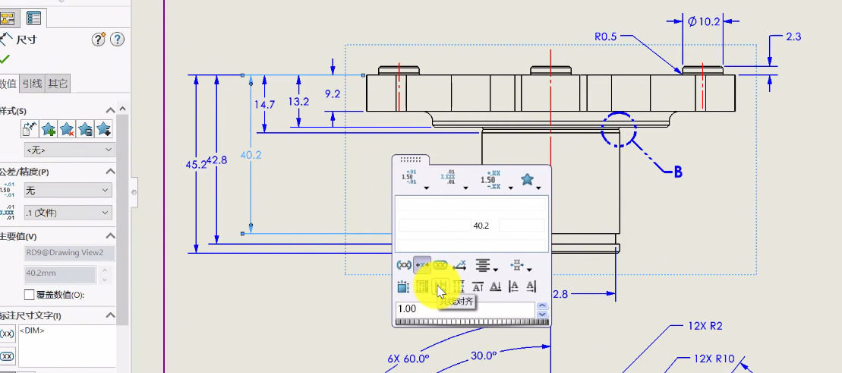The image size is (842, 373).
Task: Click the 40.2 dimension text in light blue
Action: tap(251, 155)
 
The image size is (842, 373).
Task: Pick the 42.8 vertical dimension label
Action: tap(217, 160)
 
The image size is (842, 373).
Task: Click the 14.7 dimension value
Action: tap(264, 105)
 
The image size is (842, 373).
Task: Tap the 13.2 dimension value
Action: tap(298, 101)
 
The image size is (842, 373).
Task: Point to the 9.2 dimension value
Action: tap(333, 94)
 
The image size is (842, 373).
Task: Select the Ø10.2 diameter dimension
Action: tap(703, 22)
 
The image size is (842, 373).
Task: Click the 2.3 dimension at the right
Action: tap(793, 36)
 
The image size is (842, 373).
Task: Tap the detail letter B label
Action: tap(678, 172)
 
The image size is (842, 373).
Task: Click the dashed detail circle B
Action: tap(618, 129)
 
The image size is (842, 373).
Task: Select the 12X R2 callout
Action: tap(705, 327)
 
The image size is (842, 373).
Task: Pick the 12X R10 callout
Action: tap(714, 359)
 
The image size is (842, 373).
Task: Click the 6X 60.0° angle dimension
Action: tap(408, 359)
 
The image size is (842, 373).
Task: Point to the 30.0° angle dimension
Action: tap(483, 355)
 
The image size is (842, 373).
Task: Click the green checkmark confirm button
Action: tap(5, 58)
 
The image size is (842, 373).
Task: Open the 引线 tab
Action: tap(32, 84)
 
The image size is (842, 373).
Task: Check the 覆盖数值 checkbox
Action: tap(30, 295)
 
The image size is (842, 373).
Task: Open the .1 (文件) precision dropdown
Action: tap(68, 213)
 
